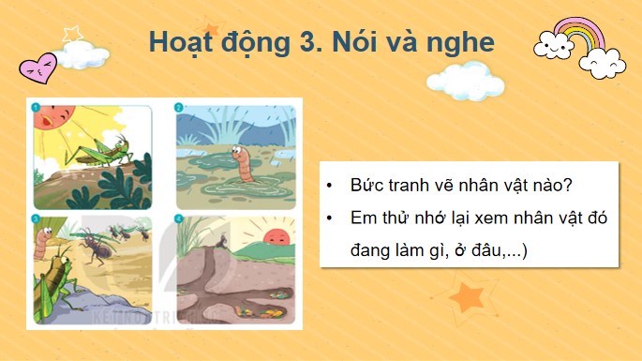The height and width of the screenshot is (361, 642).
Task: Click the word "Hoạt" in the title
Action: [x=186, y=43]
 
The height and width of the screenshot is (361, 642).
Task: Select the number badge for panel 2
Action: [x=179, y=108]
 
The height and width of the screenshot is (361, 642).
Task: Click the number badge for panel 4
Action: [x=179, y=221]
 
